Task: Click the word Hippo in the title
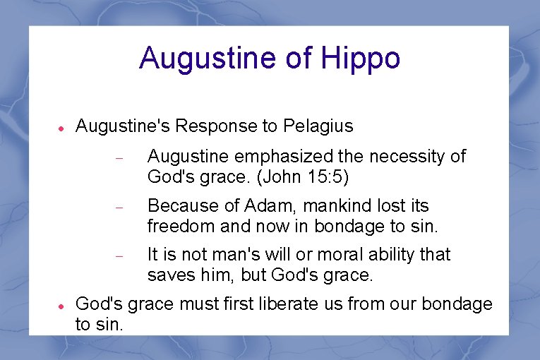pos(361,59)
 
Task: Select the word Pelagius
pos(318,126)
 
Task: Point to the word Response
pos(220,126)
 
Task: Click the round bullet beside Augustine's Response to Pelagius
pos(61,128)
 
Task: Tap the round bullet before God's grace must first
pos(61,306)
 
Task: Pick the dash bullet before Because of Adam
pos(119,208)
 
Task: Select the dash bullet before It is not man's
pos(119,256)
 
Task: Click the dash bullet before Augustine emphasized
pos(119,158)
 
